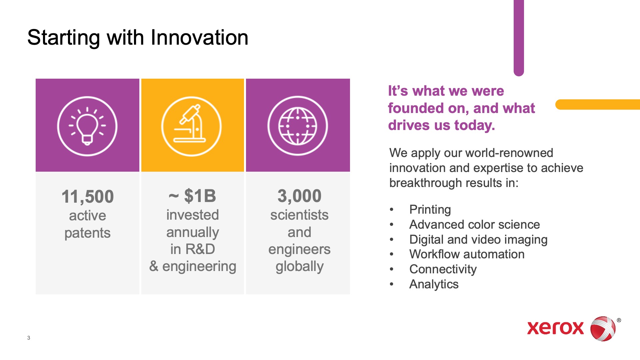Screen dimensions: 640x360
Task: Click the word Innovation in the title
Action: (199, 37)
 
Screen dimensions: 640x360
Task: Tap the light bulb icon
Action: (87, 126)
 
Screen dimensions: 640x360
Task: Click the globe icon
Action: (298, 126)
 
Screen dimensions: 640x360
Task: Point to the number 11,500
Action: (88, 196)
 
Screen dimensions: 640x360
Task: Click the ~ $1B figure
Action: (192, 196)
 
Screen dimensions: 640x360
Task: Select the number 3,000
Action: (299, 196)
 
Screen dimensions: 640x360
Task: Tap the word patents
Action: (87, 233)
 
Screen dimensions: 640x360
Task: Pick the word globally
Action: (299, 267)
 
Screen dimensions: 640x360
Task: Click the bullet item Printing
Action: (430, 210)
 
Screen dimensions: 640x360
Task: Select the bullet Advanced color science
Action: (475, 224)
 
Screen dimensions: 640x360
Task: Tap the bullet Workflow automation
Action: (467, 254)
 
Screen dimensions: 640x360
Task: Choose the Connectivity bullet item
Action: (443, 269)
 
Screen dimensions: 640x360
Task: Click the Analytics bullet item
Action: (434, 284)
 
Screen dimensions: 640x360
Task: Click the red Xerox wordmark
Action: (555, 328)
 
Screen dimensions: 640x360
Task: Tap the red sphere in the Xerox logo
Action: (603, 329)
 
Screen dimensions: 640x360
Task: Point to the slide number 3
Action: (29, 338)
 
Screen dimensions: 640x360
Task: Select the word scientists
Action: (299, 215)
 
